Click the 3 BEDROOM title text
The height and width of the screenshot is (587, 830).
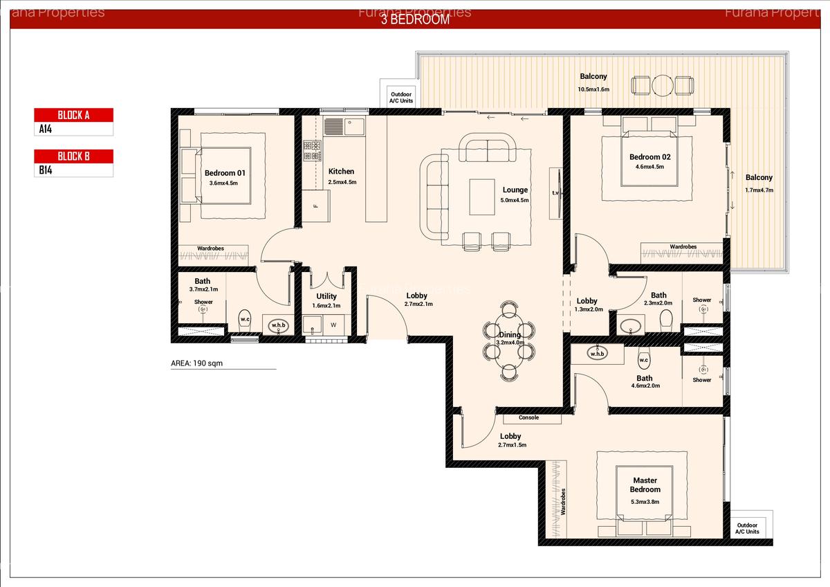pyautogui.click(x=415, y=19)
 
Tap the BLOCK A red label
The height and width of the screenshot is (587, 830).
pyautogui.click(x=73, y=115)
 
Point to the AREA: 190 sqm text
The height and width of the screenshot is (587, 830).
pyautogui.click(x=197, y=363)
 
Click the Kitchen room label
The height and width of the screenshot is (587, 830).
pyautogui.click(x=341, y=172)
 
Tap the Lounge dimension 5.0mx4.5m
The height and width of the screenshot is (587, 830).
pyautogui.click(x=515, y=201)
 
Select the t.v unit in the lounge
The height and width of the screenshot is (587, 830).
pyautogui.click(x=555, y=193)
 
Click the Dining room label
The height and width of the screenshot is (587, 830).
pyautogui.click(x=510, y=335)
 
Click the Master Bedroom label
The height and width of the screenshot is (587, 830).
pyautogui.click(x=645, y=485)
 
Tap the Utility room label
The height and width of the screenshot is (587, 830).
pyautogui.click(x=326, y=296)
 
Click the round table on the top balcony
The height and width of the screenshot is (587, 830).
pyautogui.click(x=662, y=86)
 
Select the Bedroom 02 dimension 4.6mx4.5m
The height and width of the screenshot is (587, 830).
pyautogui.click(x=649, y=167)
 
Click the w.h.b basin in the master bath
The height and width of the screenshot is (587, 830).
pyautogui.click(x=597, y=354)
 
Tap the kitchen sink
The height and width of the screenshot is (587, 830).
pyautogui.click(x=334, y=127)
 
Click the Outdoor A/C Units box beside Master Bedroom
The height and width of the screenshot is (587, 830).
pyautogui.click(x=747, y=528)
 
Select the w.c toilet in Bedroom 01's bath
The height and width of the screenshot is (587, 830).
pyautogui.click(x=245, y=320)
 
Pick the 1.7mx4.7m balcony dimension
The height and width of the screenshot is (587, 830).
pyautogui.click(x=759, y=190)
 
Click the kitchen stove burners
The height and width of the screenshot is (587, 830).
pyautogui.click(x=312, y=151)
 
